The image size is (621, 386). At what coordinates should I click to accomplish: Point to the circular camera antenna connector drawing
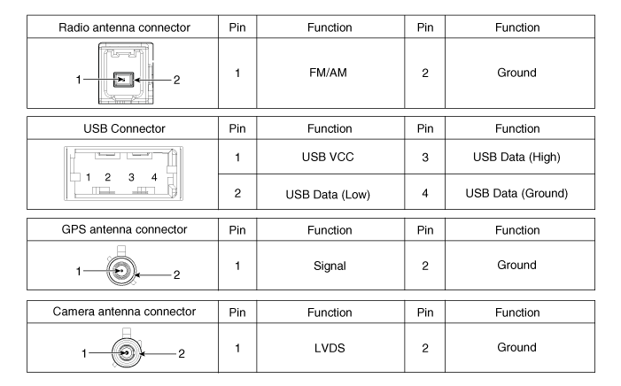125,351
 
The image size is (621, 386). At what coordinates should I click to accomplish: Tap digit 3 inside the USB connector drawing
131,178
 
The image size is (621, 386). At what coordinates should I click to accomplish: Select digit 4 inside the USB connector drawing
154,178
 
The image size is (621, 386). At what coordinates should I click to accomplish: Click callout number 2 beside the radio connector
176,81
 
